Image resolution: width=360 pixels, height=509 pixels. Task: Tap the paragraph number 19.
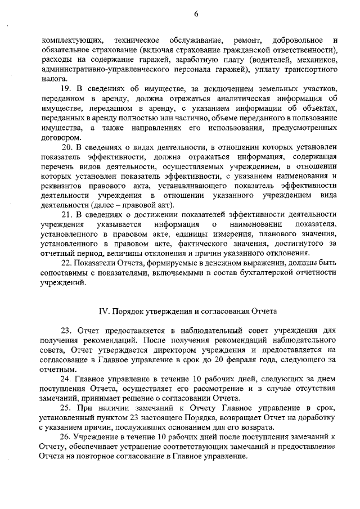click(66, 90)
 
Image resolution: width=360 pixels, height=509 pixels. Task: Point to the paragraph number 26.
click(66, 437)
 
